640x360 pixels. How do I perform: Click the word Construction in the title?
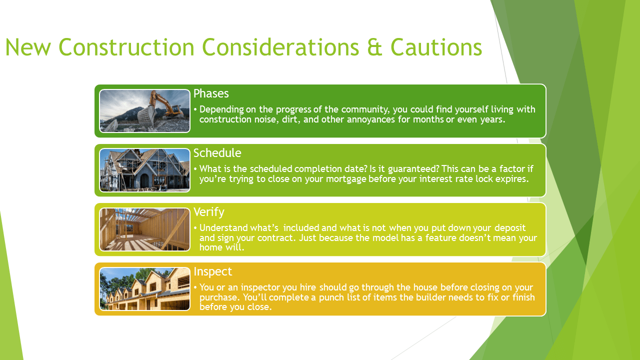[x=126, y=47]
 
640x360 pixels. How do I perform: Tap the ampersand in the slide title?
[x=374, y=47]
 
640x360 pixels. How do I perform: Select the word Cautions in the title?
[x=436, y=47]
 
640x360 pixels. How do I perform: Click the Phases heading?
[x=211, y=93]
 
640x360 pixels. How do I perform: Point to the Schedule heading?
[x=217, y=153]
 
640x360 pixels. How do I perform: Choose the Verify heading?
[x=209, y=212]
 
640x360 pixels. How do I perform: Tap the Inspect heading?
[x=213, y=271]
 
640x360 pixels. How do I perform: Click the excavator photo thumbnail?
[x=144, y=111]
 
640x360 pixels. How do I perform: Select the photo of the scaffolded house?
[x=144, y=170]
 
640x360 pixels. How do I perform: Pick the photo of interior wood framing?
[x=144, y=229]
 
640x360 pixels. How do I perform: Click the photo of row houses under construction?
[x=144, y=289]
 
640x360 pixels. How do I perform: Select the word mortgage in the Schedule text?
[x=346, y=179]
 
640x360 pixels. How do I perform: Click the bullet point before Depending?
[x=195, y=109]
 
